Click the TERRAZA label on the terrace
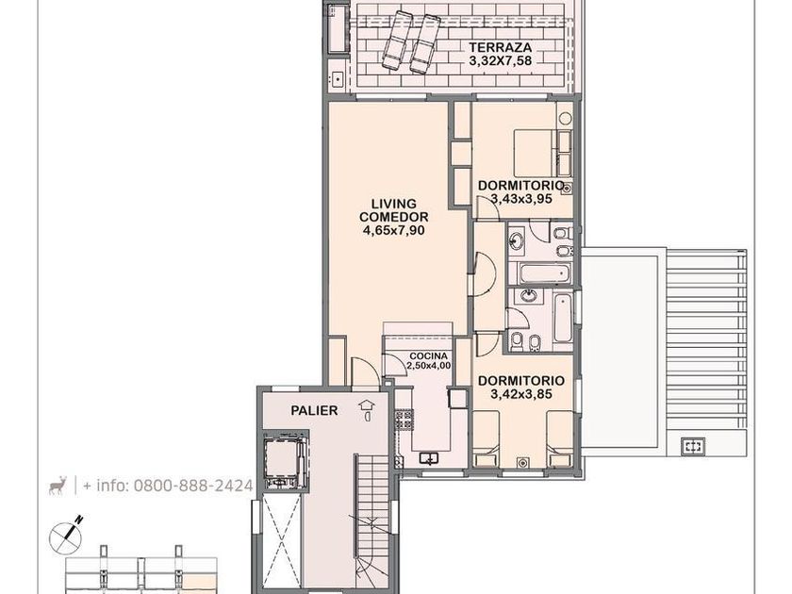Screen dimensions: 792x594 (x=500, y=47)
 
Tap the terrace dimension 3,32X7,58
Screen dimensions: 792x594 (x=500, y=60)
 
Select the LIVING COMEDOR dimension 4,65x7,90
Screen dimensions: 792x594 (x=393, y=230)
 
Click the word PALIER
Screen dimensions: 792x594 (x=314, y=411)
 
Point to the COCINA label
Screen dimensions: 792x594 (x=428, y=356)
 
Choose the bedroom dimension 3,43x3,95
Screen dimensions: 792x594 (x=521, y=199)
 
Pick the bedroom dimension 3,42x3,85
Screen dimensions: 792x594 (x=521, y=393)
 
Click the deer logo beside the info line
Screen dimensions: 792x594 (x=58, y=486)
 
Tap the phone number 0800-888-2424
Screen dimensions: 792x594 (x=193, y=486)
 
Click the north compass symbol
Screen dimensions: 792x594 (x=66, y=536)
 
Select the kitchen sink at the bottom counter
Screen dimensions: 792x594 (x=429, y=458)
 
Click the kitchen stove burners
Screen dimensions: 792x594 (x=404, y=421)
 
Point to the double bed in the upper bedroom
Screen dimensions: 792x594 (x=536, y=154)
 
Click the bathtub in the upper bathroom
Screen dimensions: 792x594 (x=545, y=273)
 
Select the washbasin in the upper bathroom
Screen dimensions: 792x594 (x=517, y=239)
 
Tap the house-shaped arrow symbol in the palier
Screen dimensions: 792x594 (x=366, y=411)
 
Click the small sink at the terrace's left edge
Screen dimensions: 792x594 (x=337, y=77)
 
